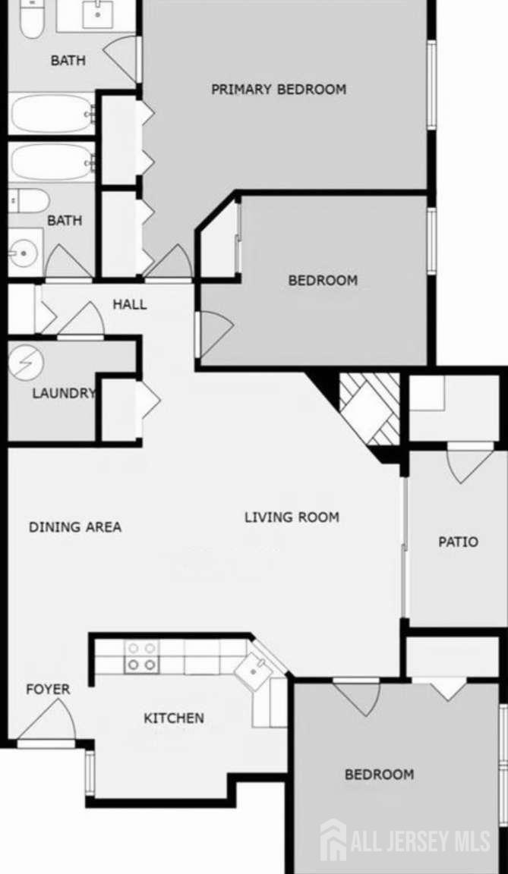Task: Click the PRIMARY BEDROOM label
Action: [x=278, y=90]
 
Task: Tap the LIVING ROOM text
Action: [x=292, y=517]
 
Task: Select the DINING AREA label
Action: [x=75, y=527]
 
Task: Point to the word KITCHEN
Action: [x=174, y=718]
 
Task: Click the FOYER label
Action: [x=48, y=689]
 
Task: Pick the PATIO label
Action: [x=459, y=541]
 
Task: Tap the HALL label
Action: [x=130, y=304]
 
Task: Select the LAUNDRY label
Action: [x=64, y=393]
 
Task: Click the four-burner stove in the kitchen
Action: [x=142, y=656]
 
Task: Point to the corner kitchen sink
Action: [x=254, y=671]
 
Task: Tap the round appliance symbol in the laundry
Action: [x=26, y=363]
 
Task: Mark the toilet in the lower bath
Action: [x=29, y=200]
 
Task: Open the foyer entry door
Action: [x=47, y=722]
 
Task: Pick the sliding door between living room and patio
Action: [x=405, y=547]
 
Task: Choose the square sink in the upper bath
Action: [x=98, y=14]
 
